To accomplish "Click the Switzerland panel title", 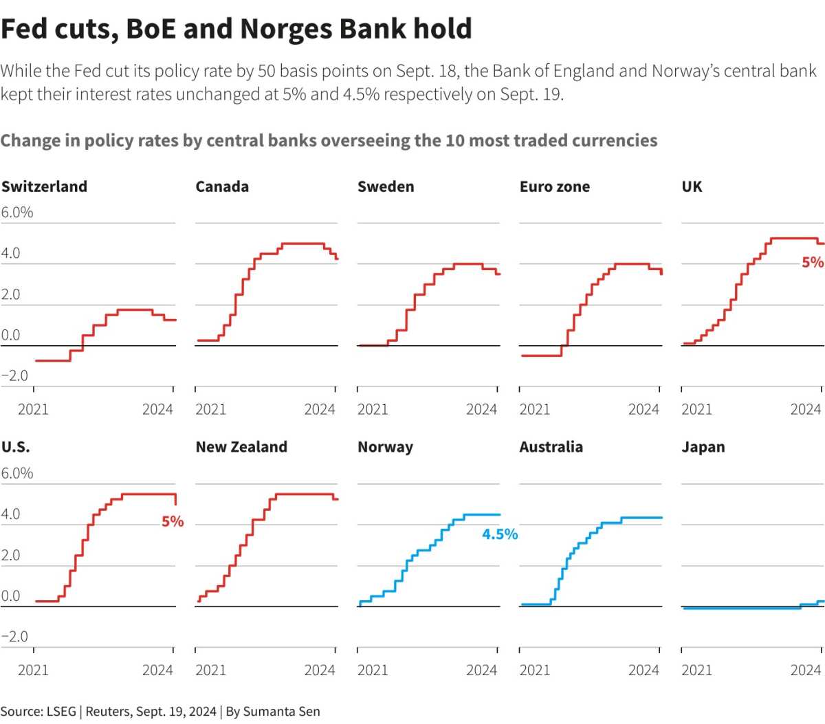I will point(44,186).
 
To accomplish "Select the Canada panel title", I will point(222,186).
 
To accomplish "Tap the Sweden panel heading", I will point(386,186).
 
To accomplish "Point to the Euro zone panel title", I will point(554,186).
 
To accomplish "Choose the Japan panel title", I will point(703,447).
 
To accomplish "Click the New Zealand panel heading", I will point(241,447).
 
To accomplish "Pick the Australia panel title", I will point(551,447).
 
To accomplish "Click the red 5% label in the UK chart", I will point(812,262).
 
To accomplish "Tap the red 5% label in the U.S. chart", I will point(173,522).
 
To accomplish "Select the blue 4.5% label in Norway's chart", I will point(500,534).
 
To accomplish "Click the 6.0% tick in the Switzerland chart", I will point(17,212).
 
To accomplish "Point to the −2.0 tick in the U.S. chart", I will point(14,637).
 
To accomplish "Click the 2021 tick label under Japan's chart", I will point(696,670).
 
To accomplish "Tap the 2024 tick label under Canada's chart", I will point(319,410).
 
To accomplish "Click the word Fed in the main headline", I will point(24,29).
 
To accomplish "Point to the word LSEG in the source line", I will point(60,712).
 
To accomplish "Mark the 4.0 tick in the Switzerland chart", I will point(11,253).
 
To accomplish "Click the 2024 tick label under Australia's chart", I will point(643,670).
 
